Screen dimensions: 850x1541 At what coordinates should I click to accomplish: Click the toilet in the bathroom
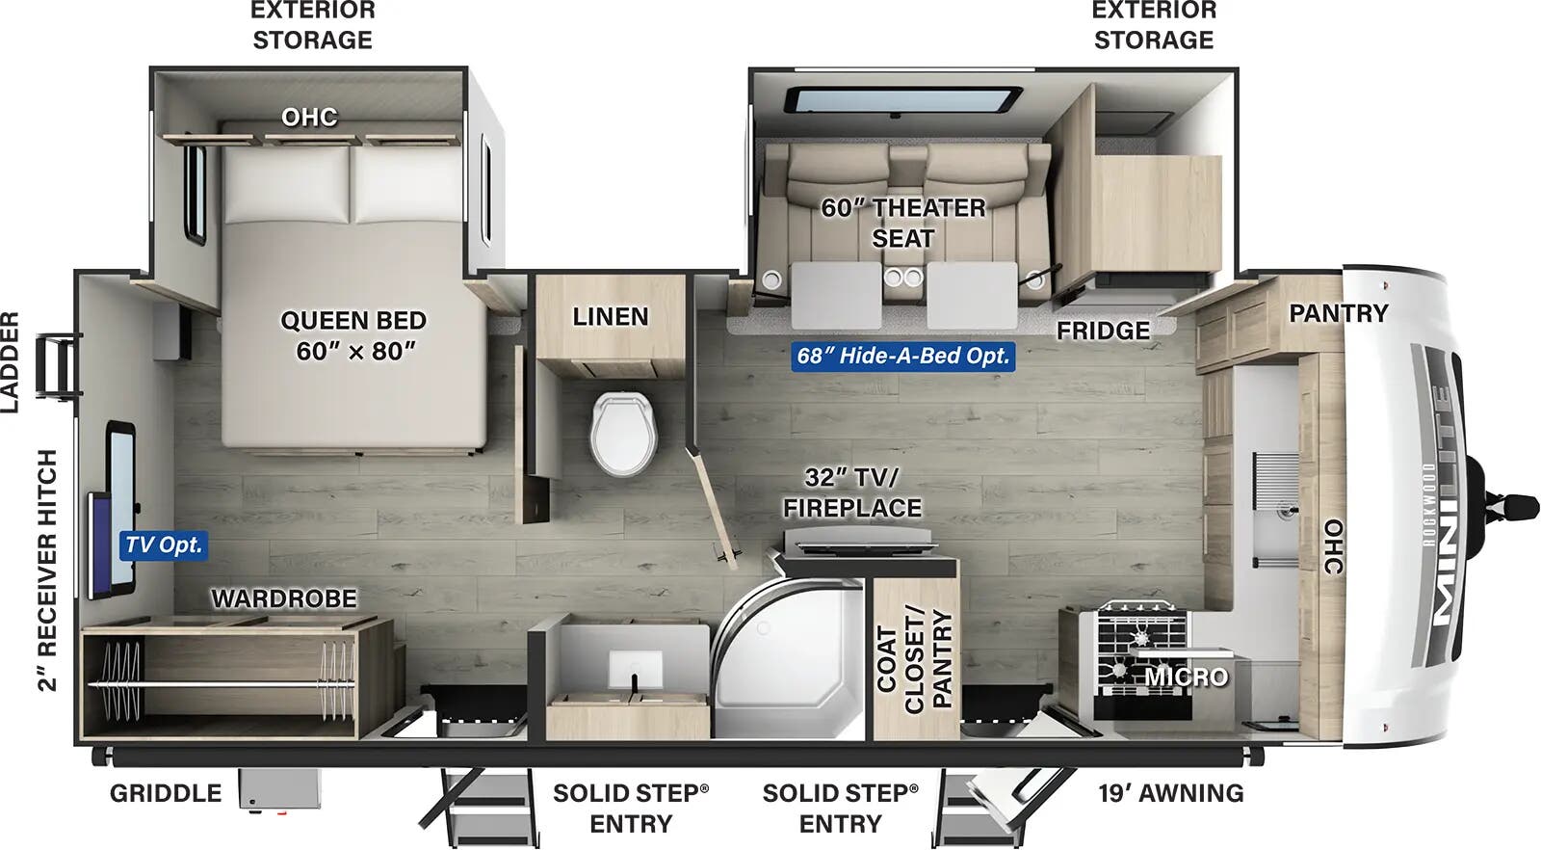pyautogui.click(x=623, y=433)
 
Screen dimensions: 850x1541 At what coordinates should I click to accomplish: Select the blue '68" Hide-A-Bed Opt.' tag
pyautogui.click(x=902, y=356)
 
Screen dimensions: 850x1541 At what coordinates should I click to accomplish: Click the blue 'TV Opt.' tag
pyautogui.click(x=164, y=545)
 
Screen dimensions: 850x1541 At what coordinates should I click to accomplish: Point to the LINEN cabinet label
pyautogui.click(x=610, y=316)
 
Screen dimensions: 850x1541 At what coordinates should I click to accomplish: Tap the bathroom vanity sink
pyautogui.click(x=634, y=669)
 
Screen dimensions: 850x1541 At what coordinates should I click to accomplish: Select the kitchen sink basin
pyautogui.click(x=1275, y=511)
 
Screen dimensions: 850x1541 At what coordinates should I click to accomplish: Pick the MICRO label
pyautogui.click(x=1187, y=677)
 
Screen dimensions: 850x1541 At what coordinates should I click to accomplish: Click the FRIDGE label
pyautogui.click(x=1103, y=331)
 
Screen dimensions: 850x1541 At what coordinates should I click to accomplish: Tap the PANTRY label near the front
pyautogui.click(x=1338, y=313)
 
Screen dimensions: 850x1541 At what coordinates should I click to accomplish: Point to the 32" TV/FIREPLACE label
pyautogui.click(x=851, y=492)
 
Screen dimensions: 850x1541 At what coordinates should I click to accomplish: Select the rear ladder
pyautogui.click(x=58, y=365)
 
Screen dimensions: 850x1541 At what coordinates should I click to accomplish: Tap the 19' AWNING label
pyautogui.click(x=1171, y=793)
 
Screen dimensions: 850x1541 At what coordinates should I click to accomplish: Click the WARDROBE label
pyautogui.click(x=283, y=598)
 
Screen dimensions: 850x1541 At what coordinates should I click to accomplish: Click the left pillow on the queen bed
pyautogui.click(x=286, y=182)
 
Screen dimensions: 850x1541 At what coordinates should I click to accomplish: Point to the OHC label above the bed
pyautogui.click(x=309, y=118)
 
